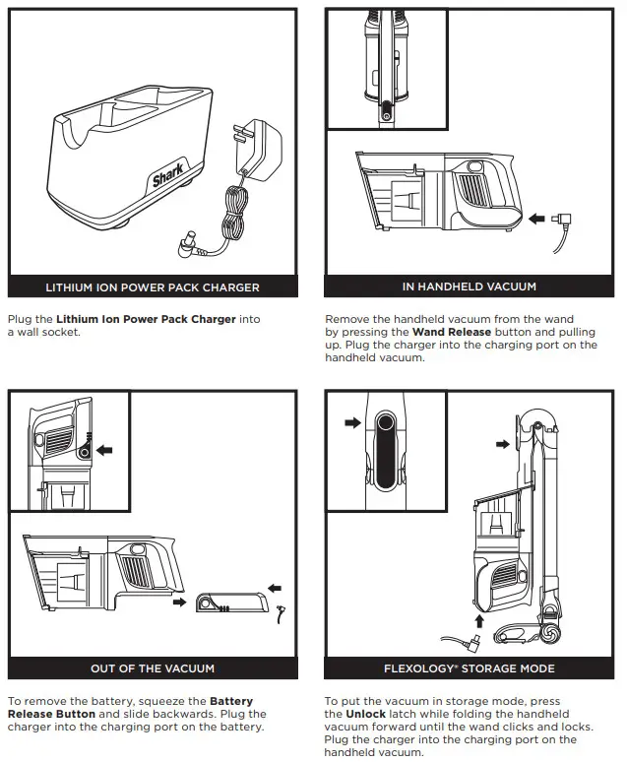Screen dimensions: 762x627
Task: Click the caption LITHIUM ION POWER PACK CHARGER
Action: pyautogui.click(x=153, y=287)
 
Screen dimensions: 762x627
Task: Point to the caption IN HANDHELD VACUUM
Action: pyautogui.click(x=470, y=286)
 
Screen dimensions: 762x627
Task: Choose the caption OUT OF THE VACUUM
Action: pyautogui.click(x=153, y=668)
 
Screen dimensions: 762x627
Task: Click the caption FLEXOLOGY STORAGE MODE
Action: pyautogui.click(x=470, y=668)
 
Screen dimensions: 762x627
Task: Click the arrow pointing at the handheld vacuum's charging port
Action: pyautogui.click(x=537, y=219)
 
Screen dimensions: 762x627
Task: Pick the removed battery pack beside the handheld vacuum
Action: pyautogui.click(x=231, y=603)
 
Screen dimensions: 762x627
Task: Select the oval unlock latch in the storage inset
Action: pyautogui.click(x=385, y=451)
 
